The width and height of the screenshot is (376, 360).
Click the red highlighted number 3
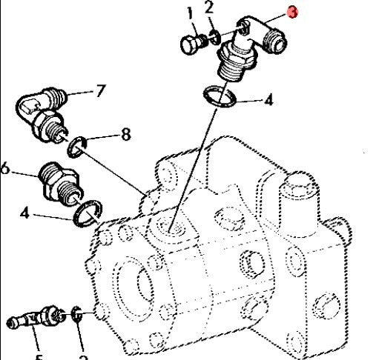click(x=293, y=13)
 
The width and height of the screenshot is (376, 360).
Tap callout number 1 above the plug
click(x=191, y=13)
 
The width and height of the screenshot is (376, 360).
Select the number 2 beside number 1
click(x=210, y=8)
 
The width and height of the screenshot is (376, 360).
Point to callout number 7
click(x=101, y=91)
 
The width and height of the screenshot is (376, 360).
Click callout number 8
click(x=125, y=134)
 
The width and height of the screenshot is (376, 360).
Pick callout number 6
click(x=5, y=169)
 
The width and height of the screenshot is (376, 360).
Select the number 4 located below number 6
click(x=26, y=216)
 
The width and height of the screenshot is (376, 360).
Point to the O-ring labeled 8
click(x=77, y=147)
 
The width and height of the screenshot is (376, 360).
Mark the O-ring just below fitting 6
click(x=85, y=213)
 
